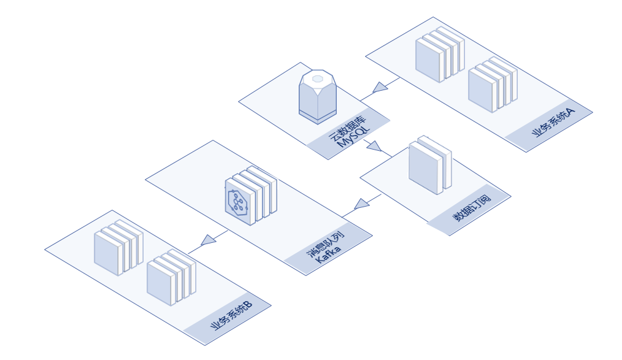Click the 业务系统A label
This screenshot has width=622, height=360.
pos(554,124)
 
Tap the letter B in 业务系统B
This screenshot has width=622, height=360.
pos(247,304)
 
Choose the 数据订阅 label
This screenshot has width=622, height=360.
pos(472,207)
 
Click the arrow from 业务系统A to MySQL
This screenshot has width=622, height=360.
pos(380,87)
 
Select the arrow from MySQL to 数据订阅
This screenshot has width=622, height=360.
pos(374,147)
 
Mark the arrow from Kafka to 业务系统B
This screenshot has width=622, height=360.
pos(209,240)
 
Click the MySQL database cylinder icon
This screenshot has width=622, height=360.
pos(317,96)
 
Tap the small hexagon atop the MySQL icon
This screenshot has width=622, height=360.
pos(317,79)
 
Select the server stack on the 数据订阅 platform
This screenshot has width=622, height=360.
pos(429,164)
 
